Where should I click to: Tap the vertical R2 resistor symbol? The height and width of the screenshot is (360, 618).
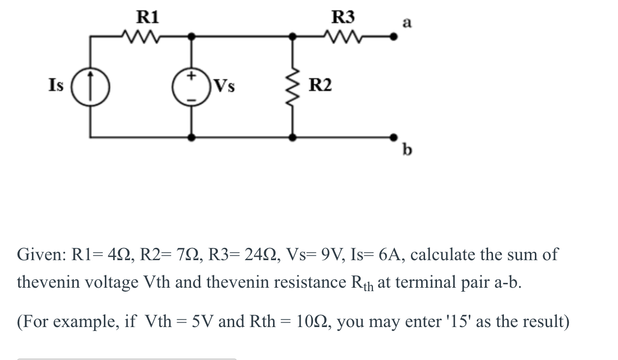pos(294,87)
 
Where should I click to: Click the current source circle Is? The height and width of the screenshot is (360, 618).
pos(90,87)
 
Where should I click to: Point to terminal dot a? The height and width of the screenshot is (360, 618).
pos(393,36)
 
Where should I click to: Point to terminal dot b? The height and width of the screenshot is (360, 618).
pos(393,137)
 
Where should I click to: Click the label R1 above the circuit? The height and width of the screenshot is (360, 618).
pos(147,17)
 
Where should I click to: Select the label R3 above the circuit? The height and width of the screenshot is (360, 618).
pos(343,17)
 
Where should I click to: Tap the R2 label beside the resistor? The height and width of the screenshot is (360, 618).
pos(320,86)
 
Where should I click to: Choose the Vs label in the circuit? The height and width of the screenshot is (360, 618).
pos(224,86)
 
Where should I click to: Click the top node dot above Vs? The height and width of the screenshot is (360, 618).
pos(192,36)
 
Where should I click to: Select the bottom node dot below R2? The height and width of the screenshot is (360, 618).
pos(294,138)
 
